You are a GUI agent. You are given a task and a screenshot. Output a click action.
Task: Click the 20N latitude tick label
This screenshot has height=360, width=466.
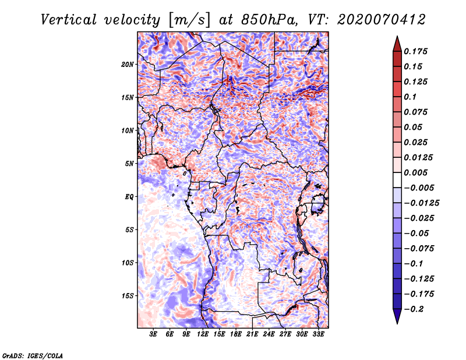[x=128, y=64]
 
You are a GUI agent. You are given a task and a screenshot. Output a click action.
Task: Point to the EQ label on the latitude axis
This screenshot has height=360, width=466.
[x=129, y=196]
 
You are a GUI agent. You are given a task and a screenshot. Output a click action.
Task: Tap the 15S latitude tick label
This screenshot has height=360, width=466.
[x=128, y=295]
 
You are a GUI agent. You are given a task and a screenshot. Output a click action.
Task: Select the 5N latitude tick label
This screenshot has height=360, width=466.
[x=129, y=163]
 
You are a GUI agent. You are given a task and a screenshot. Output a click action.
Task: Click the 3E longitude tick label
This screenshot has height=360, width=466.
[x=154, y=334]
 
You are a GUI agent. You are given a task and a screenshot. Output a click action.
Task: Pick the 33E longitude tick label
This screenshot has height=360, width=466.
[x=317, y=334]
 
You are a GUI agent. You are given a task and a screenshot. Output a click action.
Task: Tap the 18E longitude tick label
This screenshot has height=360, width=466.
[x=236, y=334]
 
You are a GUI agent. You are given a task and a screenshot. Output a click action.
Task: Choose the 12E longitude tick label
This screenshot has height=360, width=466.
[x=203, y=334]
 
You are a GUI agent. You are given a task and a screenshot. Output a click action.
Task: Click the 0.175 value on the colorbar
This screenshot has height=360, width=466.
[x=417, y=51]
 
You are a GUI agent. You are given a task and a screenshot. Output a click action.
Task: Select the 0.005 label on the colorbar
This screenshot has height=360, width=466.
[x=417, y=172]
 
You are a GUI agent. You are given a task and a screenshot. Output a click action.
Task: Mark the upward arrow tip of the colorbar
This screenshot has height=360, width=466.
[x=397, y=38]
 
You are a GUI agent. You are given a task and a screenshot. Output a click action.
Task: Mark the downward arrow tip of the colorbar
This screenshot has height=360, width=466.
[x=397, y=322]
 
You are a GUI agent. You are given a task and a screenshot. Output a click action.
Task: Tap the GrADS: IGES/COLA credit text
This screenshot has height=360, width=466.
[x=33, y=355]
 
